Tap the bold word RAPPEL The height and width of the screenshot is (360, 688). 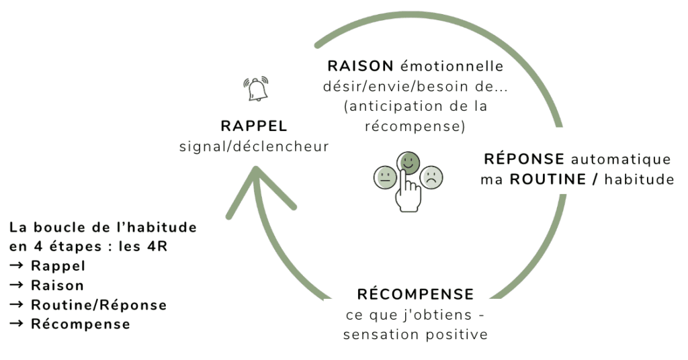254,126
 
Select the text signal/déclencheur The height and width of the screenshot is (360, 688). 254,146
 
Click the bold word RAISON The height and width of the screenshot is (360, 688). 360,66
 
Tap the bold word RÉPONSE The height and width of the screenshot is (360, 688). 524,159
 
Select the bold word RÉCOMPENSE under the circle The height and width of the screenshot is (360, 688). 415,294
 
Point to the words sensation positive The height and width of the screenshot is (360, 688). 415,334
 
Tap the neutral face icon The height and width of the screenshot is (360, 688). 386,179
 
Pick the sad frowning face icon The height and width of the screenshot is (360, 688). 432,177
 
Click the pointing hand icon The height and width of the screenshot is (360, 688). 408,192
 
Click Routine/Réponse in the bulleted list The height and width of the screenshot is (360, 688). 99,304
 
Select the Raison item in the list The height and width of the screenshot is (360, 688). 58,285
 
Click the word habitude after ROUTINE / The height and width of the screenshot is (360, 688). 638,179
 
